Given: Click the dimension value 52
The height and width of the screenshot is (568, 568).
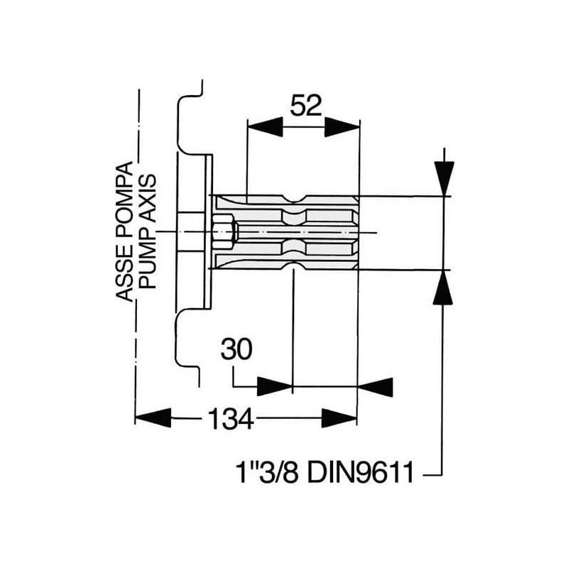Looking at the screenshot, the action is pyautogui.click(x=306, y=105).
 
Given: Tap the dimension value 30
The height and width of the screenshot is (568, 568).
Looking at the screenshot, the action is pyautogui.click(x=236, y=349).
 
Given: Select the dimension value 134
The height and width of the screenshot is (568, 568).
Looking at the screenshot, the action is pyautogui.click(x=231, y=418).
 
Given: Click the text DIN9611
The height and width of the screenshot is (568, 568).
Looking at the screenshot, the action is pyautogui.click(x=361, y=472).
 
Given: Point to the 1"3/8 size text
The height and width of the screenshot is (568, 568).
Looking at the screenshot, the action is pyautogui.click(x=267, y=472).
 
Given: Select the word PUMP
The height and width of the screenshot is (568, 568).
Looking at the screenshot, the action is pyautogui.click(x=148, y=260).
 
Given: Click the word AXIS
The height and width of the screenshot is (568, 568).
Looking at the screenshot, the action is pyautogui.click(x=148, y=200).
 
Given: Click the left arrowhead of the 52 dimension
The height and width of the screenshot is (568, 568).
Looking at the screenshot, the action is pyautogui.click(x=264, y=127).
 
